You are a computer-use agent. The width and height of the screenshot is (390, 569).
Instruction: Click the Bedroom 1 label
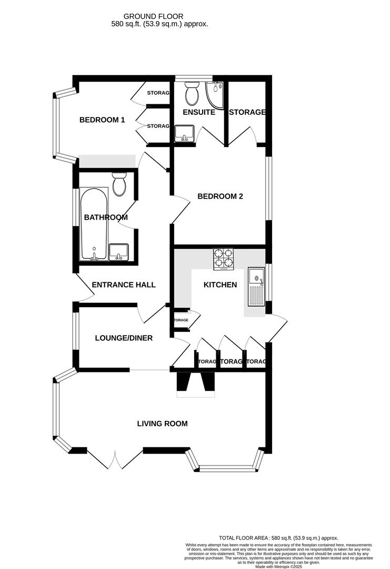(102, 120)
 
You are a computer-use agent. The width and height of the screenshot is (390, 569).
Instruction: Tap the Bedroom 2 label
(220, 197)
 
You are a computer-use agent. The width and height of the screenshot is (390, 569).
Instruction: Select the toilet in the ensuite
(191, 93)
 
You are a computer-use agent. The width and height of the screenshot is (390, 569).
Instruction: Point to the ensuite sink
(184, 133)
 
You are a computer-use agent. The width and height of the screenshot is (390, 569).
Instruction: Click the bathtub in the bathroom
(94, 224)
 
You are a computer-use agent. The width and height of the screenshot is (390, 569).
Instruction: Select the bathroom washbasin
(119, 251)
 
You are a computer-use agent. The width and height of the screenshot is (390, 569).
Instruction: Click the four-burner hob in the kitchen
(224, 258)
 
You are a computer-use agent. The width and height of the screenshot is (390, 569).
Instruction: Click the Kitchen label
(220, 284)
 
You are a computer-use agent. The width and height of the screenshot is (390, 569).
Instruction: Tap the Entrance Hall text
(124, 284)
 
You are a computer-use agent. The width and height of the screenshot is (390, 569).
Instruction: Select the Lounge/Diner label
(124, 338)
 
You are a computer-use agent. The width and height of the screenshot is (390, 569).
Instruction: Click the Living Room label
(162, 423)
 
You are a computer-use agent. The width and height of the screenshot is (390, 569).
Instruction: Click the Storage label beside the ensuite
(246, 112)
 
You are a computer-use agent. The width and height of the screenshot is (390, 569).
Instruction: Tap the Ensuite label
(198, 112)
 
